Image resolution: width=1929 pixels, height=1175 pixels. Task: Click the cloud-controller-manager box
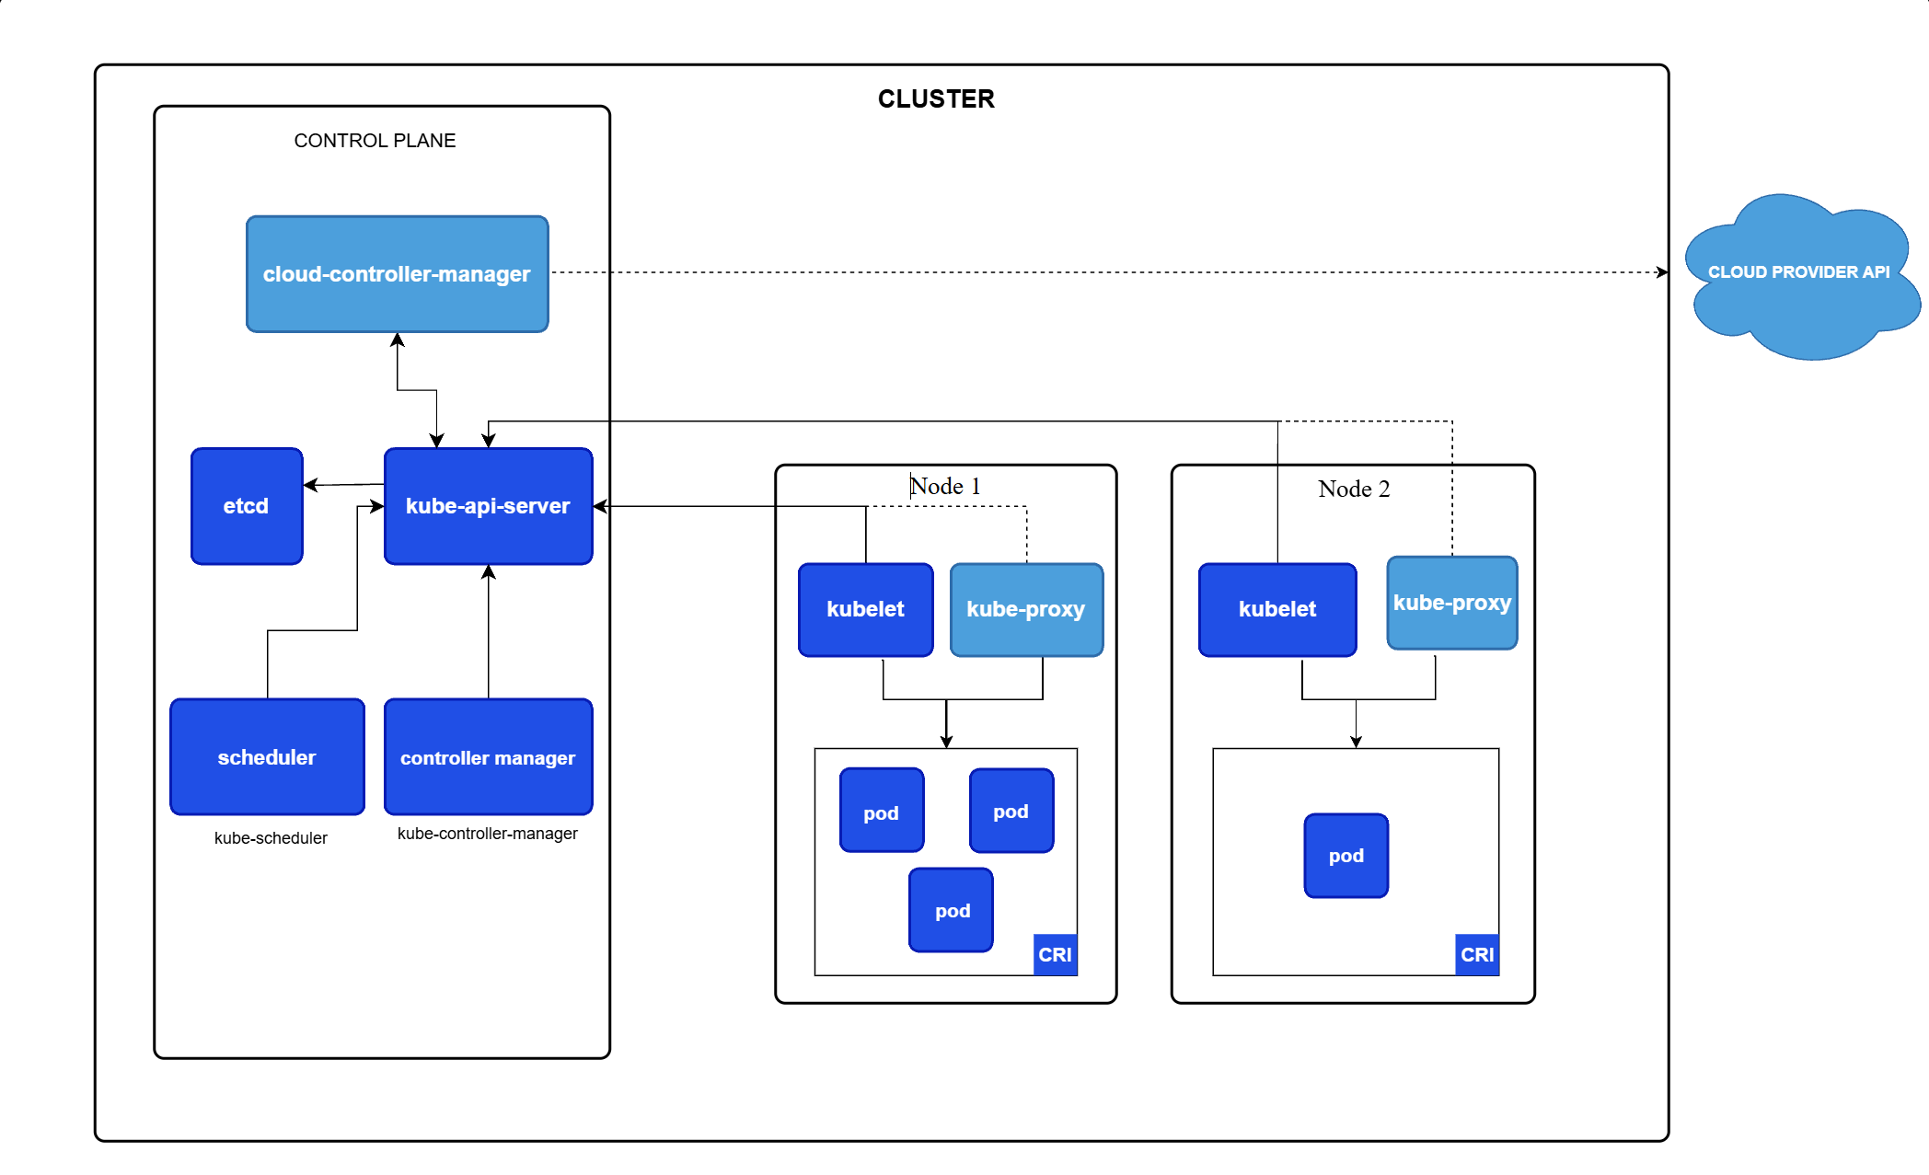[x=398, y=274]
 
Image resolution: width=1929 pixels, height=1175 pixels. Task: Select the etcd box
[x=247, y=506]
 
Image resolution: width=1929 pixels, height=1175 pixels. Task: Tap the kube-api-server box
[x=489, y=506]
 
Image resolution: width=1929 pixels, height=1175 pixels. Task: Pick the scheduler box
[x=268, y=757]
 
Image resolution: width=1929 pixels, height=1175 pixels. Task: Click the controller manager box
[x=489, y=757]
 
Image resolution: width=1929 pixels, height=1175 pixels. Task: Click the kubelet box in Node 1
[x=866, y=609]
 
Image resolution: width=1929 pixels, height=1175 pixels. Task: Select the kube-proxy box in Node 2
[x=1452, y=603]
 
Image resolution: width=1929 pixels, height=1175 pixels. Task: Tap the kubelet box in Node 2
[x=1277, y=609]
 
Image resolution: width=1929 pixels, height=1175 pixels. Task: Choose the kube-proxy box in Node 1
[x=1026, y=609]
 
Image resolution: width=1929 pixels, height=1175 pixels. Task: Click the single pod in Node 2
[x=1346, y=856]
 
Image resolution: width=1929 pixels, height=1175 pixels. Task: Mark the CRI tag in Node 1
[x=1056, y=954]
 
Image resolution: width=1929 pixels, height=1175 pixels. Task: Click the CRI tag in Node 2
[x=1477, y=954]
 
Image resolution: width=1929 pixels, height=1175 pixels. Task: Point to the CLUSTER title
[x=936, y=99]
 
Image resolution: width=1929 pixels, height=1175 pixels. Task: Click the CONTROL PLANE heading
[x=375, y=141]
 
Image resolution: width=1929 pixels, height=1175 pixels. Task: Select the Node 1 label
[x=945, y=486]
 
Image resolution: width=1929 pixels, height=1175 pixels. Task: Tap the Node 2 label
[x=1354, y=489]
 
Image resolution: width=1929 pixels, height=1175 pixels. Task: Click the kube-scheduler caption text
[x=271, y=838]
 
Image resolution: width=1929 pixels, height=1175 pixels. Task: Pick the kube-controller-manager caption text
[x=488, y=834]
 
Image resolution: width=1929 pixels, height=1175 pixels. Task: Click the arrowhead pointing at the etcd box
[x=310, y=485]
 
